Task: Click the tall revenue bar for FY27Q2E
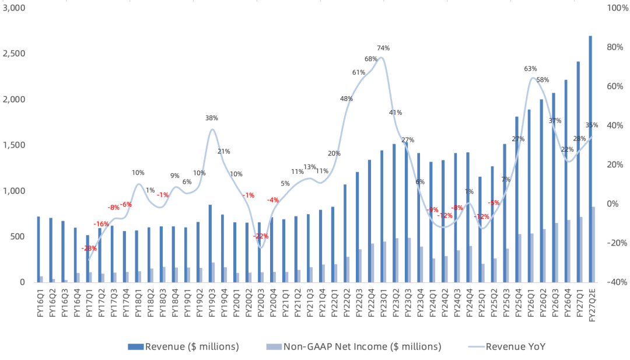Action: click(x=590, y=159)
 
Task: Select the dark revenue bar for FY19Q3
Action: click(x=210, y=243)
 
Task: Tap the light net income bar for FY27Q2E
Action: click(x=593, y=244)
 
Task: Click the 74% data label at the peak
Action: click(x=383, y=48)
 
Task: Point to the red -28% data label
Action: click(x=89, y=249)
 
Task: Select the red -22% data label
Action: click(x=261, y=236)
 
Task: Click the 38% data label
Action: click(x=212, y=118)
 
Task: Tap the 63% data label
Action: click(x=530, y=69)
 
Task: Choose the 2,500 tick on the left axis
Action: click(x=13, y=54)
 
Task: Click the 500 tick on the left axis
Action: click(x=17, y=237)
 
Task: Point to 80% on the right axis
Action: click(x=615, y=47)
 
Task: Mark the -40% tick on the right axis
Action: click(x=617, y=282)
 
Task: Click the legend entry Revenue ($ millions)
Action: click(x=184, y=347)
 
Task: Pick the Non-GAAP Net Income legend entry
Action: click(x=354, y=347)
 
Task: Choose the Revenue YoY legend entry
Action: click(x=507, y=347)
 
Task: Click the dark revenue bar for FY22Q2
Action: click(x=345, y=233)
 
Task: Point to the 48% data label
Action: click(x=346, y=99)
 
